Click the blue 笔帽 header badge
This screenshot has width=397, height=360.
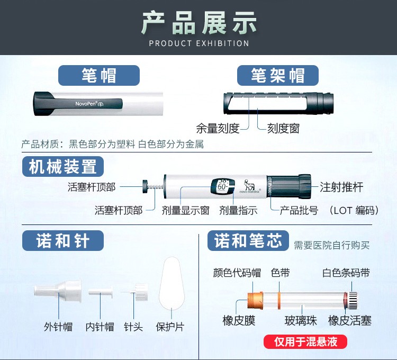pyautogui.click(x=99, y=76)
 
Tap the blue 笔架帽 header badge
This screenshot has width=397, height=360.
pyautogui.click(x=278, y=76)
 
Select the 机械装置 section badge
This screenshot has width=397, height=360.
pyautogui.click(x=62, y=167)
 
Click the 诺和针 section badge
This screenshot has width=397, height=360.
pyautogui.click(x=62, y=241)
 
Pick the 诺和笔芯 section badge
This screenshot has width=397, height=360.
pyautogui.click(x=248, y=241)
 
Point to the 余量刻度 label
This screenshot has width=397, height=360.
pyautogui.click(x=218, y=128)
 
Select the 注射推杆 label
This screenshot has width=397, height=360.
pyautogui.click(x=341, y=187)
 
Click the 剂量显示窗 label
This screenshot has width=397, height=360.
pyautogui.click(x=185, y=210)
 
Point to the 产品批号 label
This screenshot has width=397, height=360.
pyautogui.click(x=299, y=210)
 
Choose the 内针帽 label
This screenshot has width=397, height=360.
pyautogui.click(x=100, y=327)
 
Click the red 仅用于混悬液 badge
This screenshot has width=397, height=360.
pyautogui.click(x=305, y=341)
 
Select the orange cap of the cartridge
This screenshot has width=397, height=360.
pyautogui.click(x=256, y=300)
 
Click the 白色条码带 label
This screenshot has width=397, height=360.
pyautogui.click(x=346, y=273)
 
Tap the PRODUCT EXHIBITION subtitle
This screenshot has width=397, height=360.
pyautogui.click(x=198, y=43)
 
